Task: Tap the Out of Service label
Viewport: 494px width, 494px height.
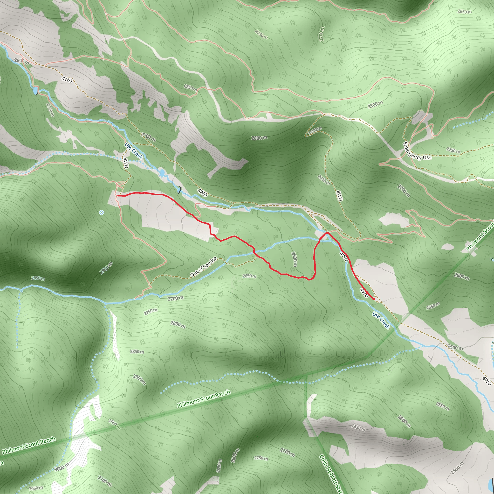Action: coord(203,267)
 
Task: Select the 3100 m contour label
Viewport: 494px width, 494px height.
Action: coord(105,481)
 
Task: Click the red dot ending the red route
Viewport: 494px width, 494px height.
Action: coord(374,299)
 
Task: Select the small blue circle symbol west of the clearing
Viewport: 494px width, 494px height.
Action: coord(102,213)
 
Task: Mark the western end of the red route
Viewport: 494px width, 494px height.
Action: coord(118,196)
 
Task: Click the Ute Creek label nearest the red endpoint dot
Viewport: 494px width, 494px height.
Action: coord(381,320)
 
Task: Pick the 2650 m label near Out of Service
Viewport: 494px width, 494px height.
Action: coord(249,276)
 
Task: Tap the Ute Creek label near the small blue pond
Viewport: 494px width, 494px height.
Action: coord(133,151)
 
